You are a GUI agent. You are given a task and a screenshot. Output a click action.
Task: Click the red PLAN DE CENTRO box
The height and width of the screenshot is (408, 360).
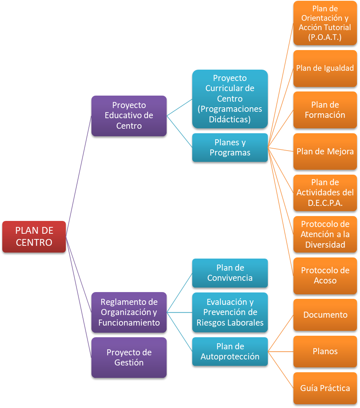34,236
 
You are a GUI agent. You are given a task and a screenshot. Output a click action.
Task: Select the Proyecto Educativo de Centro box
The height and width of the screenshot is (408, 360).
129,116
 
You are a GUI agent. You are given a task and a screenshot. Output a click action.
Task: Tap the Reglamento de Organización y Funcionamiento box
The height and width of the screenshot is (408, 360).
129,312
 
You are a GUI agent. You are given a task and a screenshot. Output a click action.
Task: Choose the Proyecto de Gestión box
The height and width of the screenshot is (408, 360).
129,357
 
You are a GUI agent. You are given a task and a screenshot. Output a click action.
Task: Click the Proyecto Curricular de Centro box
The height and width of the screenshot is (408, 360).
230,99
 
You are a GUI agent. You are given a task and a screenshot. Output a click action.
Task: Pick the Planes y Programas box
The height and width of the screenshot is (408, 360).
230,148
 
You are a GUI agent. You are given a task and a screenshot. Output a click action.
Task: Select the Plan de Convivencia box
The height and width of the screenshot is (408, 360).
230,273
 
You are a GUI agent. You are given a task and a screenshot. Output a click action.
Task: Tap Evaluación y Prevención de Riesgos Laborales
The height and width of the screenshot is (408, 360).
230,312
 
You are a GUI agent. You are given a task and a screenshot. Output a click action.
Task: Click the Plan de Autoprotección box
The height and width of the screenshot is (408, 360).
230,351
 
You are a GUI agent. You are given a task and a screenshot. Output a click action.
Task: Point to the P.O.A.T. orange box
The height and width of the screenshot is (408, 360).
325,23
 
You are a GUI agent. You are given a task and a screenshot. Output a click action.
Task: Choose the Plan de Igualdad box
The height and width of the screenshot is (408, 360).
325,68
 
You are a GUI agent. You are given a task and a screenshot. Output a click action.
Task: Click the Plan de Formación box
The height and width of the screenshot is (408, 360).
325,110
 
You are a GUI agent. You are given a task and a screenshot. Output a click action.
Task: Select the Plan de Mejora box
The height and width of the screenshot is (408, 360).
325,151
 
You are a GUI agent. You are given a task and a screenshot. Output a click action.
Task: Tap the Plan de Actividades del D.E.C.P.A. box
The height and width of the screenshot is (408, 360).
325,193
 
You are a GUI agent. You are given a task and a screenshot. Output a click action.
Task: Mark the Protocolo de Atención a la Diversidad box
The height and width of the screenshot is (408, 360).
325,234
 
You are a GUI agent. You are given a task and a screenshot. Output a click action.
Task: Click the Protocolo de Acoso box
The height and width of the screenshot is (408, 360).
325,276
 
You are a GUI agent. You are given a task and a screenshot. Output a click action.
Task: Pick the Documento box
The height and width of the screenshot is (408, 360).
325,315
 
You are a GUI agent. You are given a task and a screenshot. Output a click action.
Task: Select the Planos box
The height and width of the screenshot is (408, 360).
325,351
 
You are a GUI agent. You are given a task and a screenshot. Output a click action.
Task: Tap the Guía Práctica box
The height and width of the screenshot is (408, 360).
325,388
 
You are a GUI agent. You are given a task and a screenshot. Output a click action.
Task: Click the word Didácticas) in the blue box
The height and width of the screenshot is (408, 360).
229,119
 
